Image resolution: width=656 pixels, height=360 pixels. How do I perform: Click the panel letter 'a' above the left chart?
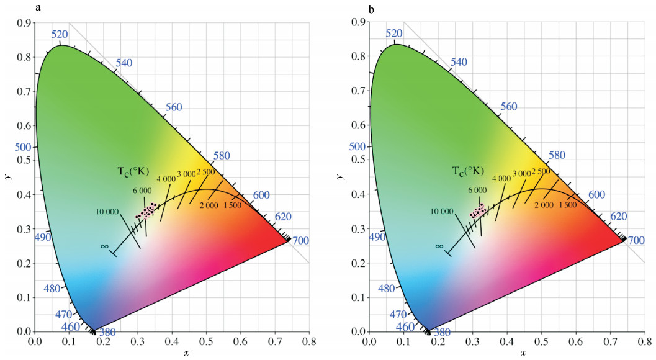(x=39, y=8)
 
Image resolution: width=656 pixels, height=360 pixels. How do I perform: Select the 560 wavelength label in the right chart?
(x=509, y=106)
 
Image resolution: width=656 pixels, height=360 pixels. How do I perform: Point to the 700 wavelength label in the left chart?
(x=300, y=240)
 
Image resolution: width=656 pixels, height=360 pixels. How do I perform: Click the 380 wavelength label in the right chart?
(x=442, y=332)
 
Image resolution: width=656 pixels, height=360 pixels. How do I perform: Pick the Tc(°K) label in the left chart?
(x=134, y=171)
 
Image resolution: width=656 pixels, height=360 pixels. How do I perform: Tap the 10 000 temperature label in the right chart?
(x=441, y=211)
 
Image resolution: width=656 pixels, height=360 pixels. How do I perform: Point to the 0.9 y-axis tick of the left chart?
(x=24, y=23)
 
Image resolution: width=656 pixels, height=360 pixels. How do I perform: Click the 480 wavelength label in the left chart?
(x=53, y=289)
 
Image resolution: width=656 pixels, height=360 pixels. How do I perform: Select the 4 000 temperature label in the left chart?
(x=166, y=179)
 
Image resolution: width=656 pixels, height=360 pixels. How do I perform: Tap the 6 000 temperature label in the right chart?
(x=478, y=190)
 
